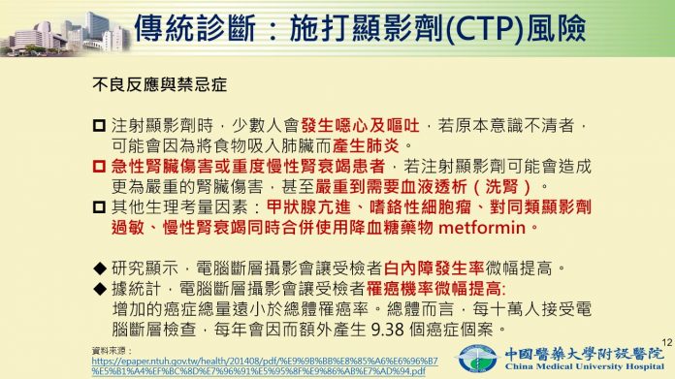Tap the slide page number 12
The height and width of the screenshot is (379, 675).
[663, 339]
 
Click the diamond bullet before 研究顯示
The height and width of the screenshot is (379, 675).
[99, 267]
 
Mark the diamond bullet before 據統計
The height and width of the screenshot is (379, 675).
[99, 289]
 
